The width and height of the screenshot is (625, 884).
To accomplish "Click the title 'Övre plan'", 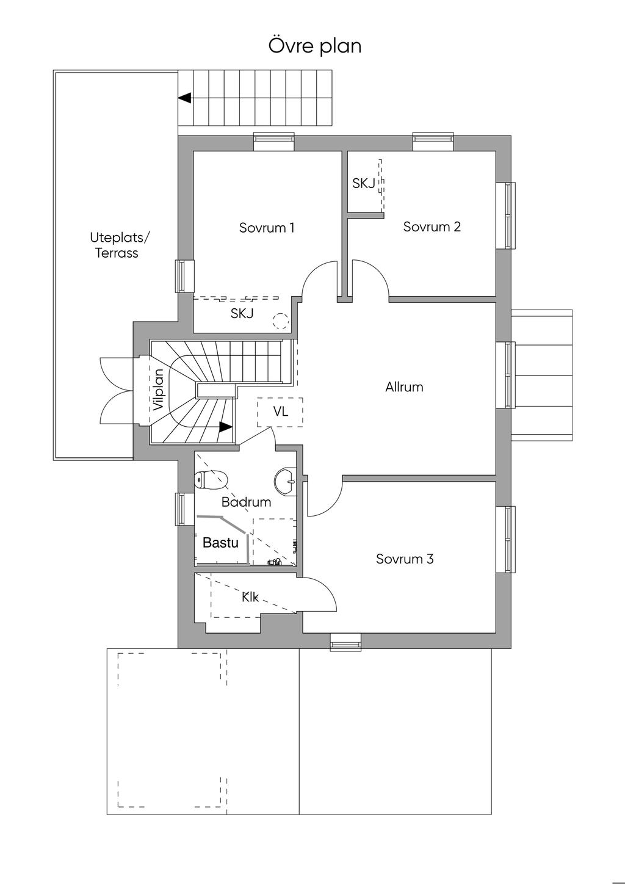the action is [x=315, y=46].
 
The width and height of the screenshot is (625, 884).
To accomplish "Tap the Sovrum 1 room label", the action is [x=267, y=228].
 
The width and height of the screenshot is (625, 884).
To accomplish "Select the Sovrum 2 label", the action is [x=432, y=226].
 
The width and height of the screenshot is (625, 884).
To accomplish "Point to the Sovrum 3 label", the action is [x=405, y=559].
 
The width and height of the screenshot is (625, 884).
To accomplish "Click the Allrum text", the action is [x=404, y=386].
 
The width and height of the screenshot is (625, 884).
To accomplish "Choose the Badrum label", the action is [x=246, y=502].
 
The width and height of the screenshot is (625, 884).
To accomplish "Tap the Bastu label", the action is [x=220, y=542].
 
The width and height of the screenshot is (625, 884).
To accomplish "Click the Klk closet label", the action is [x=250, y=597].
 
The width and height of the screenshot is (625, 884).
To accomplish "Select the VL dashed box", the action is [x=280, y=412].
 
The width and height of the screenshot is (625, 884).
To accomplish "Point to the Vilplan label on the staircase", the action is [x=159, y=389].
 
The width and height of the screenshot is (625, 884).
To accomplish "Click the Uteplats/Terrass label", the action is [x=117, y=245].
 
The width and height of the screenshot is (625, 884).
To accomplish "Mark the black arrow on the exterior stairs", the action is [x=184, y=98].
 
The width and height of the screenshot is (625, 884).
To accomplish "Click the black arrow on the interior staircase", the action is [x=225, y=427].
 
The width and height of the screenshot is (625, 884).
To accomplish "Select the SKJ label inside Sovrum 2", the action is [x=364, y=183].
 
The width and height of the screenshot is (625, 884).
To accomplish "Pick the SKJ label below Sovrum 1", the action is [x=242, y=314].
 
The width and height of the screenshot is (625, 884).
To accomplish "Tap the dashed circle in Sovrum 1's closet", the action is [x=280, y=320].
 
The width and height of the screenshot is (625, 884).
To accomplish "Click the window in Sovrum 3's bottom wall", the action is [x=345, y=642].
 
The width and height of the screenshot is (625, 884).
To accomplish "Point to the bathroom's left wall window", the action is [x=181, y=509].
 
